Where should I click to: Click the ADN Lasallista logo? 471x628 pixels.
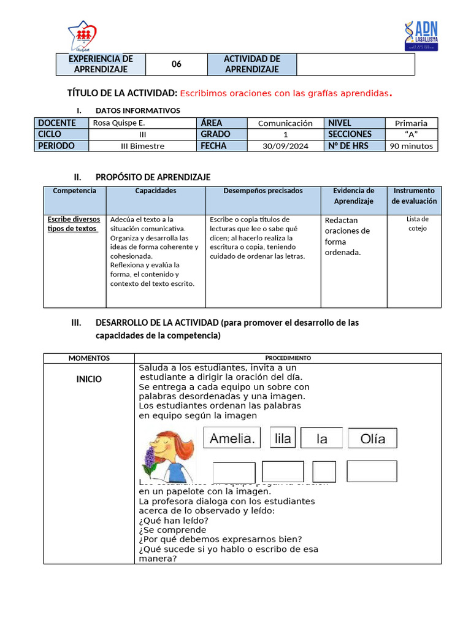pyautogui.click(x=421, y=36)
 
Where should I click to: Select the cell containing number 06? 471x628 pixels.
pyautogui.click(x=177, y=64)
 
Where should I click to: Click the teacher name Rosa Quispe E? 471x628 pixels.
pyautogui.click(x=119, y=123)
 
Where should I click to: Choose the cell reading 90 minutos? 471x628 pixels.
pyautogui.click(x=411, y=146)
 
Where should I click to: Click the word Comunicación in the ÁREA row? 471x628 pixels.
pyautogui.click(x=285, y=123)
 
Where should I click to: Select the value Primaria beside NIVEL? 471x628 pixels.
pyautogui.click(x=411, y=123)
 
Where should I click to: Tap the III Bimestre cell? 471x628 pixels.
pyautogui.click(x=142, y=146)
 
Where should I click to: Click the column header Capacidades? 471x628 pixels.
pyautogui.click(x=156, y=191)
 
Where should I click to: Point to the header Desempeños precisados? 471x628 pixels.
pyautogui.click(x=262, y=191)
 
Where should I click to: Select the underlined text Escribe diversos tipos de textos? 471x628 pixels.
pyautogui.click(x=74, y=224)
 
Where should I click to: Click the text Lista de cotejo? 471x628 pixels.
pyautogui.click(x=417, y=224)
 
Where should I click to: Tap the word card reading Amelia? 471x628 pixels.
pyautogui.click(x=232, y=438)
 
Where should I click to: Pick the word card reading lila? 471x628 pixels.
pyautogui.click(x=283, y=438)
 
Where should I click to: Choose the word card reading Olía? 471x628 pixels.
pyautogui.click(x=372, y=438)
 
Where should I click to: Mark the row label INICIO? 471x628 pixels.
pyautogui.click(x=89, y=379)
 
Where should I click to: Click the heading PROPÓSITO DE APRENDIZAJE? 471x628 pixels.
pyautogui.click(x=153, y=177)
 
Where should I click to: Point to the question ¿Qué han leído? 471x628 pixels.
pyautogui.click(x=169, y=520)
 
